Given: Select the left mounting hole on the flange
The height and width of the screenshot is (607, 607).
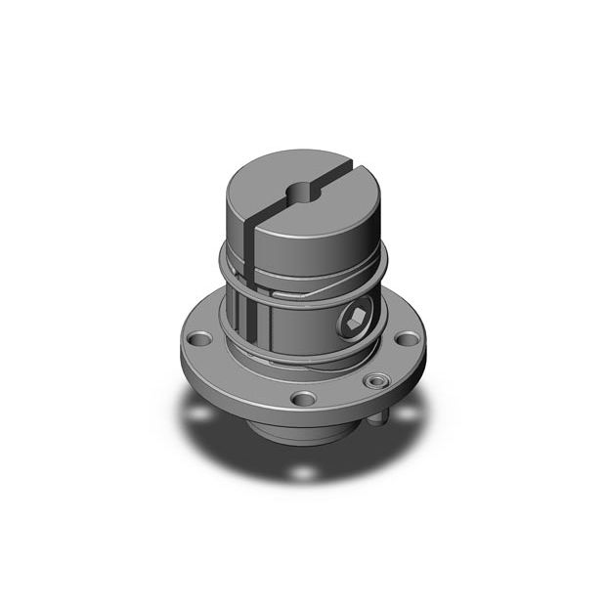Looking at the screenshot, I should click(x=201, y=340).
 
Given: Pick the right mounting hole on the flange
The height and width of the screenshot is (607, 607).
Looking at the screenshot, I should click(x=405, y=340).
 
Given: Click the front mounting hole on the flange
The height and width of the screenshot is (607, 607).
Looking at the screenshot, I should click(x=304, y=399).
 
